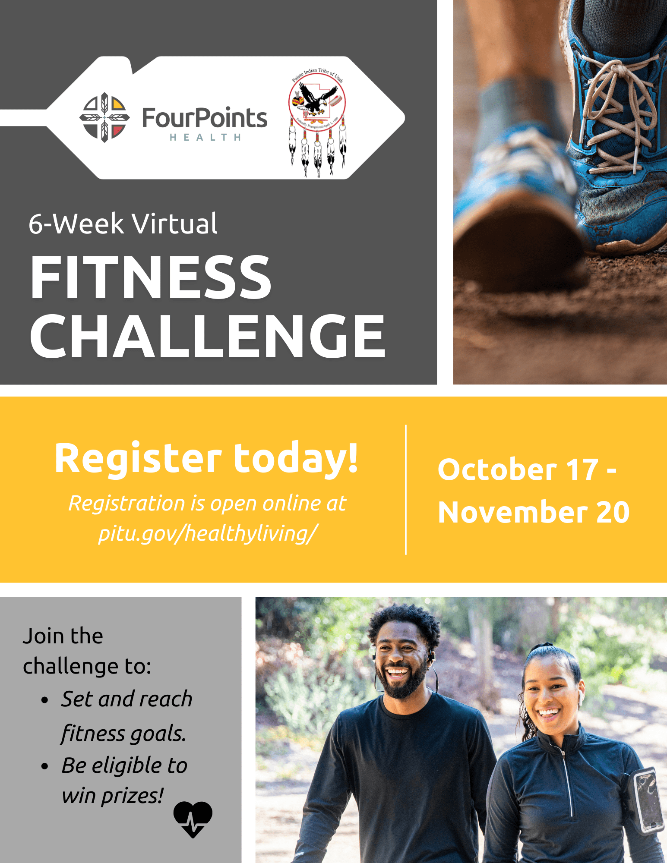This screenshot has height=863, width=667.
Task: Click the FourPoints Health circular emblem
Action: pos(104,117)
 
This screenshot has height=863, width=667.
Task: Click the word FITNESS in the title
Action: pos(151,277)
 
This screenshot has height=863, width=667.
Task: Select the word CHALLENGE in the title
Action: pos(207,337)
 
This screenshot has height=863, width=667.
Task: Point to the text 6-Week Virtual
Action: pos(123,224)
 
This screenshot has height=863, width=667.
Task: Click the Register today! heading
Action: pos(206,458)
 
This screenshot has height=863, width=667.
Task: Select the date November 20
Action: pos(534,512)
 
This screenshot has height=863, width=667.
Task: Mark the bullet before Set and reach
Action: pos(45,700)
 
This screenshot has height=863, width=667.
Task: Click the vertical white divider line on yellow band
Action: pos(406,490)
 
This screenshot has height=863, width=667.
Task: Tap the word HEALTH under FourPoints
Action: pos(205,138)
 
